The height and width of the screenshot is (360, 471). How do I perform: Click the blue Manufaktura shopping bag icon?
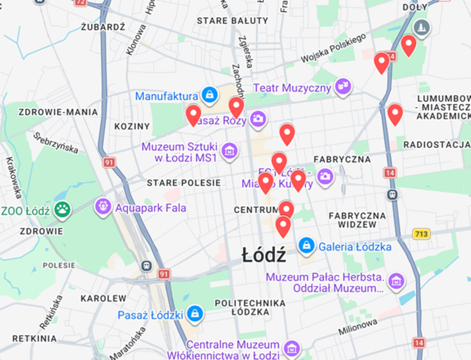pos(210,95)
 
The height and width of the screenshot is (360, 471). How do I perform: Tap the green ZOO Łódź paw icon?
pos(62,210)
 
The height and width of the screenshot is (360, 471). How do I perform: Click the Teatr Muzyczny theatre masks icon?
pos(342,86)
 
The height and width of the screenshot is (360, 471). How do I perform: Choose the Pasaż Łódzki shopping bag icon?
pos(195,313)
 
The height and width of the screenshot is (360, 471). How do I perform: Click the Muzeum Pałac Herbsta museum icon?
pos(396,281)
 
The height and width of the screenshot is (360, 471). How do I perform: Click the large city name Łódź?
pos(264,255)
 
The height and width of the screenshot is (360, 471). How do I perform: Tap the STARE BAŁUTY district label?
pos(233,21)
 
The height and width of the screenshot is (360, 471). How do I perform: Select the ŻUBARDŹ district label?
pos(104,27)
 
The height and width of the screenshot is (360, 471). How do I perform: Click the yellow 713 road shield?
pos(421,234)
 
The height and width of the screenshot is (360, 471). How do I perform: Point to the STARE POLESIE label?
pos(183,183)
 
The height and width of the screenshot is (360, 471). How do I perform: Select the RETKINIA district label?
pos(35,339)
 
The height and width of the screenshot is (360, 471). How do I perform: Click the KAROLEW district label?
pos(104,299)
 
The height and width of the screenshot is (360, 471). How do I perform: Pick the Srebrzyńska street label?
pos(56,143)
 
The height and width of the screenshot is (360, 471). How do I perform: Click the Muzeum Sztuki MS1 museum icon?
pos(229,151)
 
